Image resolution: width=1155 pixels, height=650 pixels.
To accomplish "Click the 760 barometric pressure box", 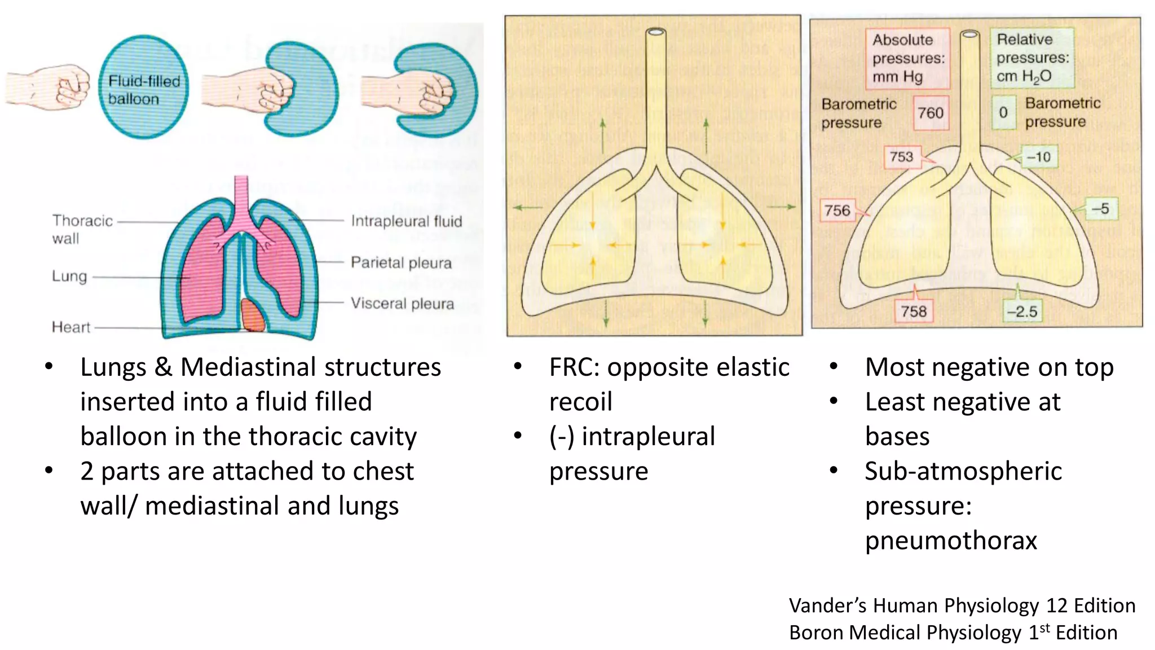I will coord(930,113).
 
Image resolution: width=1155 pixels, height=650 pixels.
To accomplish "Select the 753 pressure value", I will coord(901,156).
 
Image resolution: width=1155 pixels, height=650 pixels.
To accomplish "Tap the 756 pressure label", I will coord(837,210).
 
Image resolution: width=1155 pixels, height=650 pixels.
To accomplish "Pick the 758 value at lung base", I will coord(914,311).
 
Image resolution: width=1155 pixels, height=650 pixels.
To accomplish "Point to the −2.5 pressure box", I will coord(1022,311).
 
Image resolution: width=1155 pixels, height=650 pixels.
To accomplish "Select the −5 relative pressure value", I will coord(1100,208).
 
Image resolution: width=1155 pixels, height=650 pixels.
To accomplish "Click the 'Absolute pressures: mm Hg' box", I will coord(908,58).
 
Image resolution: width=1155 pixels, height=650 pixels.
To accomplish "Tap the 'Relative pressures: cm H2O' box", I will coord(1032,58).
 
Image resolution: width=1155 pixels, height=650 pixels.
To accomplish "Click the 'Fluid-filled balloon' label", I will coord(144,90).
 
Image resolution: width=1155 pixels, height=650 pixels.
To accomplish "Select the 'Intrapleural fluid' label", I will coord(406,221).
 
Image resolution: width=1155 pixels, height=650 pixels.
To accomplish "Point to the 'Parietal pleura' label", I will coord(401,262).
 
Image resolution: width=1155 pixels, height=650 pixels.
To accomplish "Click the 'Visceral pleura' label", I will coord(402,304).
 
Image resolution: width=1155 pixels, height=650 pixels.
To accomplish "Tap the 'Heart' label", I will coord(71,327).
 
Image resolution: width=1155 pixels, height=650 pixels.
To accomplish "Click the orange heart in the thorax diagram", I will coord(253,315).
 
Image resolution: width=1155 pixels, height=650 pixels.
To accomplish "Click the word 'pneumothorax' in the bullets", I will coord(951,541).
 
